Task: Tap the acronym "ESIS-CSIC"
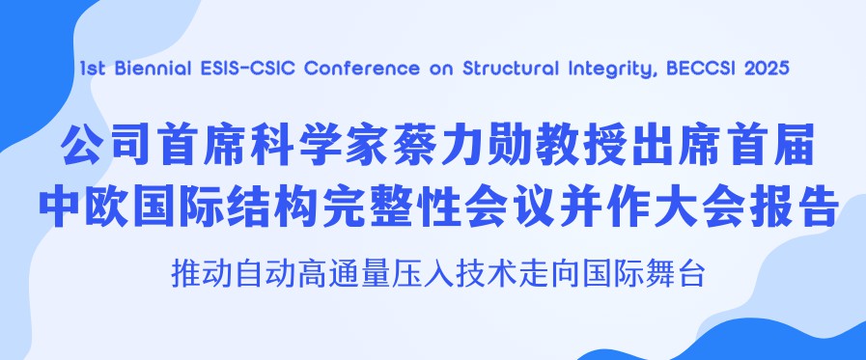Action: click(x=236, y=69)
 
